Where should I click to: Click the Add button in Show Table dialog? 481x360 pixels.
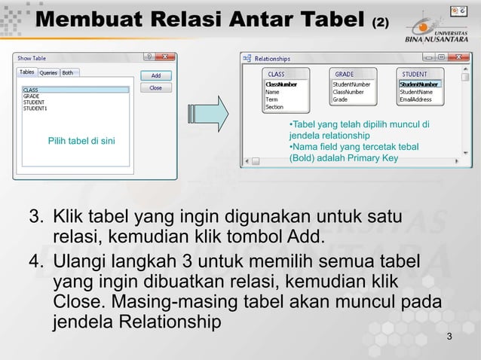155,75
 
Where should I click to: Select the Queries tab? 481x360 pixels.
48,72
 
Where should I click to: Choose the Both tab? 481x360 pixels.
68,72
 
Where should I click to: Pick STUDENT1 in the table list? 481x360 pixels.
35,108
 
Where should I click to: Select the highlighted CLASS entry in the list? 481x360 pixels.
31,90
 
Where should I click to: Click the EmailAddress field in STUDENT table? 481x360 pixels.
415,99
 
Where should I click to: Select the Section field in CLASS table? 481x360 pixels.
274,107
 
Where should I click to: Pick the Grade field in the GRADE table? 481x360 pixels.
341,99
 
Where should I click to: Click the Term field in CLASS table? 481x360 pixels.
272,99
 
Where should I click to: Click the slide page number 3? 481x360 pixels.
449,336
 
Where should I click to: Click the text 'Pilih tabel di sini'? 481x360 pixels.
81,140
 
